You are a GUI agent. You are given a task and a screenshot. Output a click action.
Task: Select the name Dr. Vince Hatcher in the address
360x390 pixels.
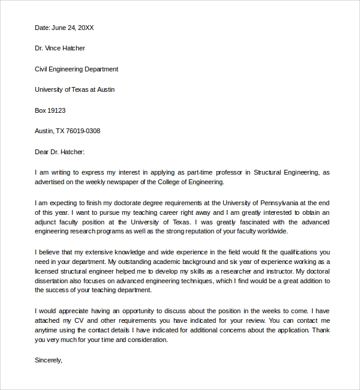[x=60, y=49]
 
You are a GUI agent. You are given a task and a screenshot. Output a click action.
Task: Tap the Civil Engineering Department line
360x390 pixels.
[x=76, y=69]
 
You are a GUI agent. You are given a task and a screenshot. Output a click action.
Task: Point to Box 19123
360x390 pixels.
[x=50, y=110]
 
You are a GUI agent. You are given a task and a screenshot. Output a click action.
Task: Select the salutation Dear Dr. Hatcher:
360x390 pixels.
[x=60, y=152]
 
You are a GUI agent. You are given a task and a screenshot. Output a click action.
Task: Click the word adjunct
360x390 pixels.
[x=47, y=222]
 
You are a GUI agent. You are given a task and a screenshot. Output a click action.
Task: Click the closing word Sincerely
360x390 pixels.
[x=48, y=361]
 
